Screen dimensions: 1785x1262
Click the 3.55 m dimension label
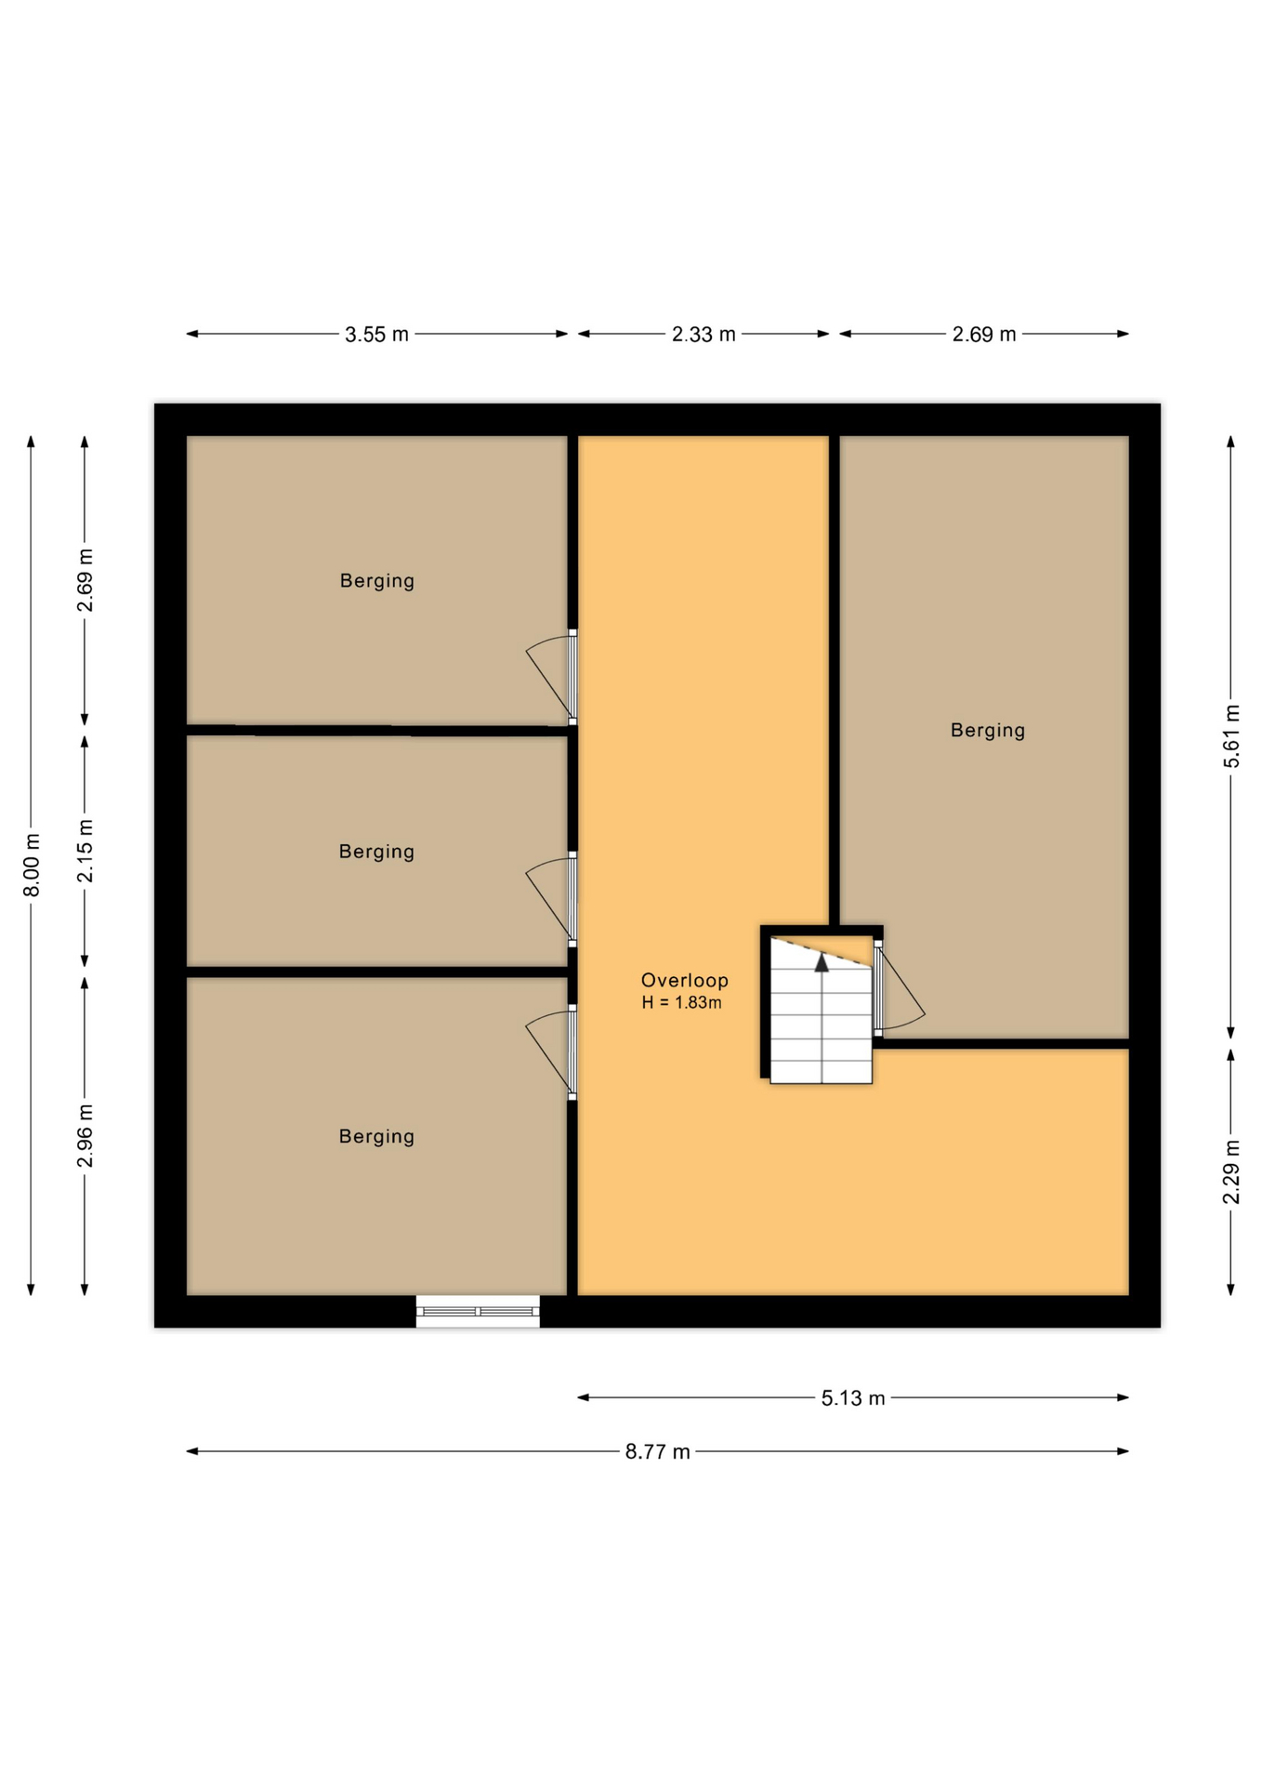[376, 335]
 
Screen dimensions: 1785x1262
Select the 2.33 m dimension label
[703, 335]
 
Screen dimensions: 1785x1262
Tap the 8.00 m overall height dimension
[32, 865]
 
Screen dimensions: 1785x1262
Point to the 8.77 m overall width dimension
[657, 1451]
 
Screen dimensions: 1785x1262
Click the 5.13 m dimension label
[852, 1397]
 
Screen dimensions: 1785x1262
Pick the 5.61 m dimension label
[1231, 736]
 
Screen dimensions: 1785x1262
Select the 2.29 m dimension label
[1231, 1171]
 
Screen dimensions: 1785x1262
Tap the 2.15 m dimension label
[85, 851]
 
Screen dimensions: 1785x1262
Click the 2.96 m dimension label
[85, 1136]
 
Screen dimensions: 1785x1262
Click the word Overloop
[684, 980]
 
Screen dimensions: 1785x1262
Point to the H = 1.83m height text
[681, 1002]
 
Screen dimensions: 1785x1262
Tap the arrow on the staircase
[822, 963]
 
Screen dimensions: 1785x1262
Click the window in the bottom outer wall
[478, 1311]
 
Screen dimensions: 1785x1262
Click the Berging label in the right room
[987, 731]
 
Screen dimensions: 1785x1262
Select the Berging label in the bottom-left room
[376, 1136]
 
